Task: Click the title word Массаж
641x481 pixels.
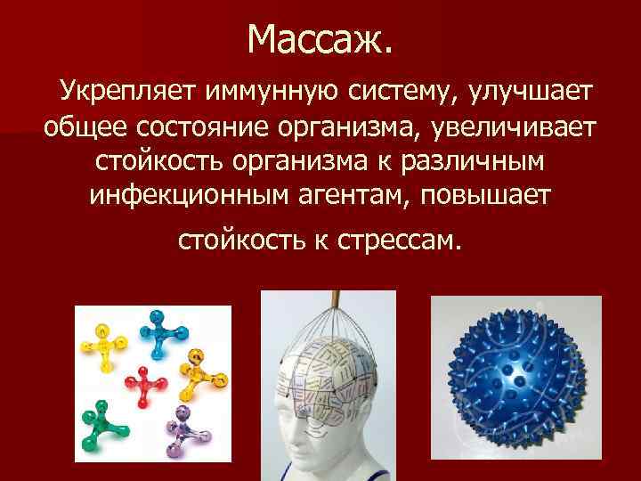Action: [x=320, y=38]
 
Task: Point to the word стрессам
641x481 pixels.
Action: [x=402, y=240]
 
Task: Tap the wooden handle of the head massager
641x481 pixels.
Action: [x=337, y=300]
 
